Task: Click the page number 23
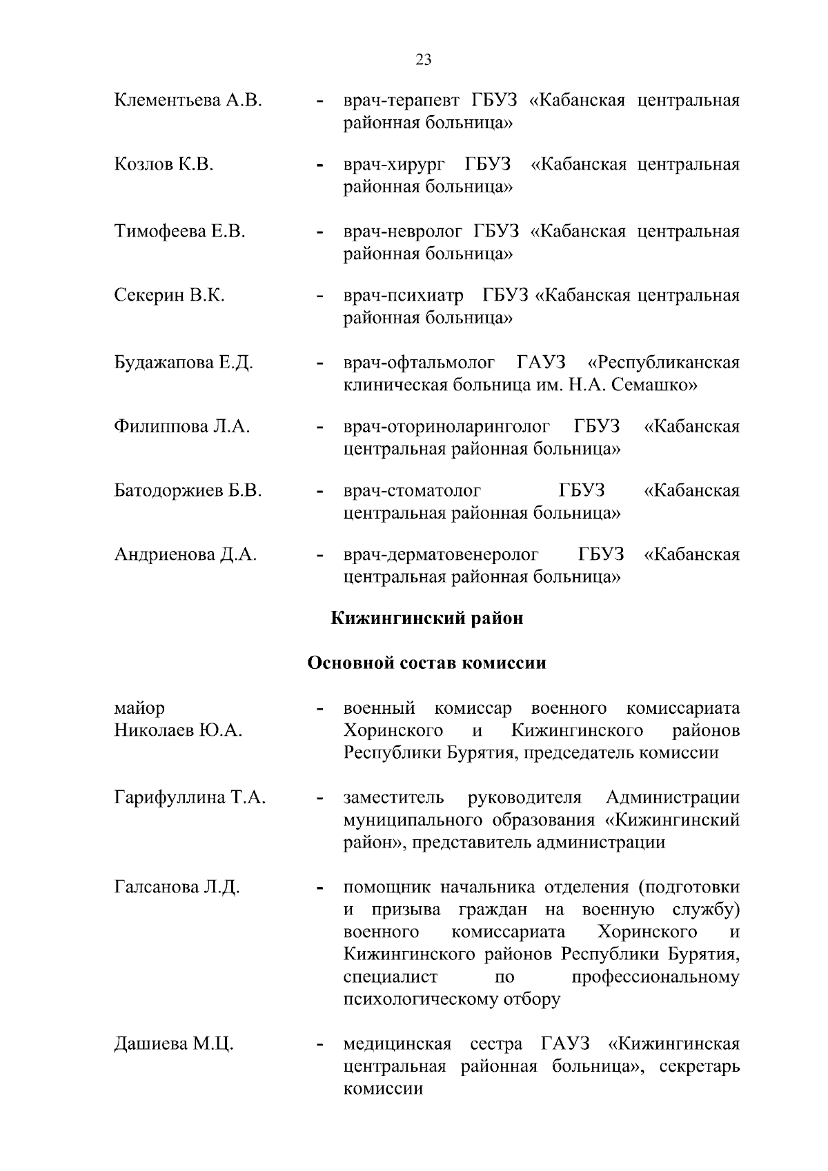pyautogui.click(x=424, y=60)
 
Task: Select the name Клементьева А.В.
pyautogui.click(x=188, y=101)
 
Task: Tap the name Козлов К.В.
pyautogui.click(x=164, y=165)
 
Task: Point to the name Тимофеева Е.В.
pyautogui.click(x=179, y=231)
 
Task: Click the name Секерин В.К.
pyautogui.click(x=169, y=296)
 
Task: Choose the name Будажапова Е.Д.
pyautogui.click(x=184, y=362)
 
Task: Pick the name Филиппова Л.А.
pyautogui.click(x=181, y=427)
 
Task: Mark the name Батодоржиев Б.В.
pyautogui.click(x=188, y=491)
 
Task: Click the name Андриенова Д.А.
pyautogui.click(x=185, y=554)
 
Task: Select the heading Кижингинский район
pyautogui.click(x=427, y=619)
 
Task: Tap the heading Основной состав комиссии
pyautogui.click(x=426, y=663)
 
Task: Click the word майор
pyautogui.click(x=140, y=708)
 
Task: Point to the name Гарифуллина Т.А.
pyautogui.click(x=190, y=798)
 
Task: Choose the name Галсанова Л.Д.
pyautogui.click(x=177, y=887)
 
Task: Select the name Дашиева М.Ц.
pyautogui.click(x=174, y=1044)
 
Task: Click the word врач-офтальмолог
pyautogui.click(x=420, y=362)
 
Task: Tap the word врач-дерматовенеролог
pyautogui.click(x=441, y=554)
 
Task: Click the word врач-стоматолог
pyautogui.click(x=412, y=491)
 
